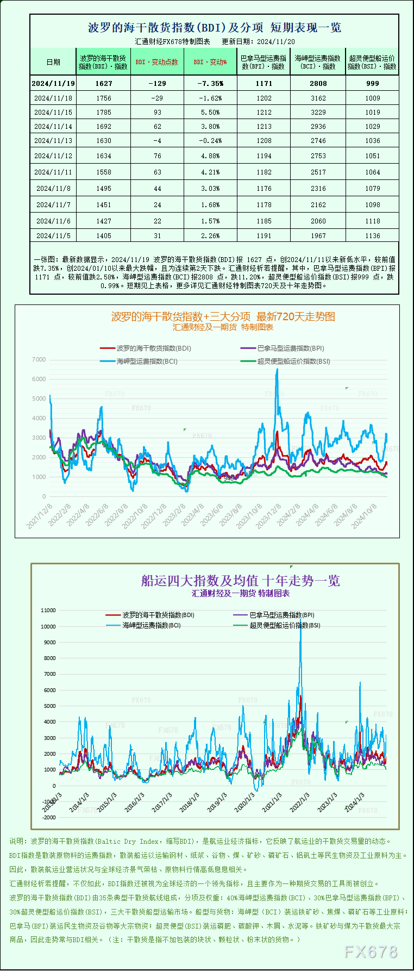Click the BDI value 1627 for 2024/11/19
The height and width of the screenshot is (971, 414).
click(x=103, y=83)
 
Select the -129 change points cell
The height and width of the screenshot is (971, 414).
click(x=157, y=83)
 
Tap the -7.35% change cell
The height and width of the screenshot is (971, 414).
click(x=210, y=83)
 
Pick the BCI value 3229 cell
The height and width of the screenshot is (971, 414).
click(x=318, y=112)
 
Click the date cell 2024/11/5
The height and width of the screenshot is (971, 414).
click(x=53, y=235)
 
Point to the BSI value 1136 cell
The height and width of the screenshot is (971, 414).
click(x=372, y=235)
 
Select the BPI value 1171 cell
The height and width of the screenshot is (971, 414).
click(x=264, y=83)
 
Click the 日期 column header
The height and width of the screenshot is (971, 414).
click(x=53, y=62)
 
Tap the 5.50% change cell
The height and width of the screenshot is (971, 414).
click(x=210, y=112)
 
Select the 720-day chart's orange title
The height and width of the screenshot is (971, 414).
click(x=223, y=316)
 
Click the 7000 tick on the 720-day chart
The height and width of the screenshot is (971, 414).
click(x=39, y=359)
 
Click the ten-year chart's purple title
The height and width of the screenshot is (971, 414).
click(x=240, y=581)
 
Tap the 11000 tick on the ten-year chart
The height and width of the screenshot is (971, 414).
click(x=48, y=610)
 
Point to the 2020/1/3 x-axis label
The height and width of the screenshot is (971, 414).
click(x=244, y=802)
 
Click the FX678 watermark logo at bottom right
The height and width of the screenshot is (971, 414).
click(x=371, y=951)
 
